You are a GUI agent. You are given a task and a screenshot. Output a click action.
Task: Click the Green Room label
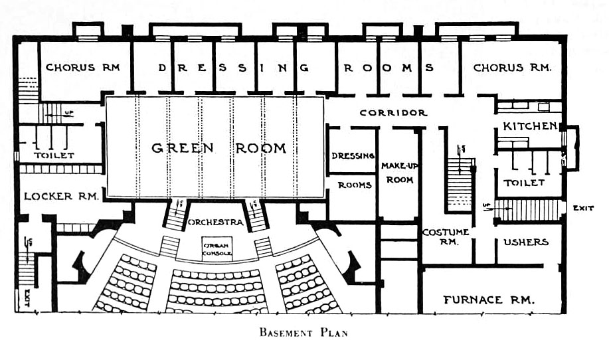click(x=218, y=148)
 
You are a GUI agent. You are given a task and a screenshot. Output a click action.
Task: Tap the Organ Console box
click(x=217, y=248)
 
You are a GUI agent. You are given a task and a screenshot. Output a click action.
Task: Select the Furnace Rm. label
click(x=489, y=300)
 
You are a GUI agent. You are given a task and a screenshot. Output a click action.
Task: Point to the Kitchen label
click(x=529, y=126)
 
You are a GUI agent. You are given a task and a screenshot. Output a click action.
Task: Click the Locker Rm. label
click(x=61, y=197)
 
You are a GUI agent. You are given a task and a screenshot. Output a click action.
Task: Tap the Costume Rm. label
click(x=446, y=236)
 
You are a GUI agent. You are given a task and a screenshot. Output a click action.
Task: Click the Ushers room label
click(x=527, y=242)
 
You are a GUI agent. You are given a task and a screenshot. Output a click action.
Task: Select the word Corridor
click(x=393, y=113)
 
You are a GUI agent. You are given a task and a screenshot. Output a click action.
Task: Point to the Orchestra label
click(x=216, y=222)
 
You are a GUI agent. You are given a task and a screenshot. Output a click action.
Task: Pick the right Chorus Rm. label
click(x=508, y=67)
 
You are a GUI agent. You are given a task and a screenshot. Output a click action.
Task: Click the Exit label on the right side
click(x=583, y=209)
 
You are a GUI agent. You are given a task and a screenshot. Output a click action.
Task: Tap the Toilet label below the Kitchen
click(x=524, y=182)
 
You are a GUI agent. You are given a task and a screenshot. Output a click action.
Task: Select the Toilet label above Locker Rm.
click(x=54, y=155)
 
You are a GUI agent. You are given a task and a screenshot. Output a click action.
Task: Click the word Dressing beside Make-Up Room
click(x=353, y=156)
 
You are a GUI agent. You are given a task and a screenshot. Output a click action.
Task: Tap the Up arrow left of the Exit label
click(x=487, y=206)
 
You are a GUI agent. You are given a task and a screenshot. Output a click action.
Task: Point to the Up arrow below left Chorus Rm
click(x=64, y=114)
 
